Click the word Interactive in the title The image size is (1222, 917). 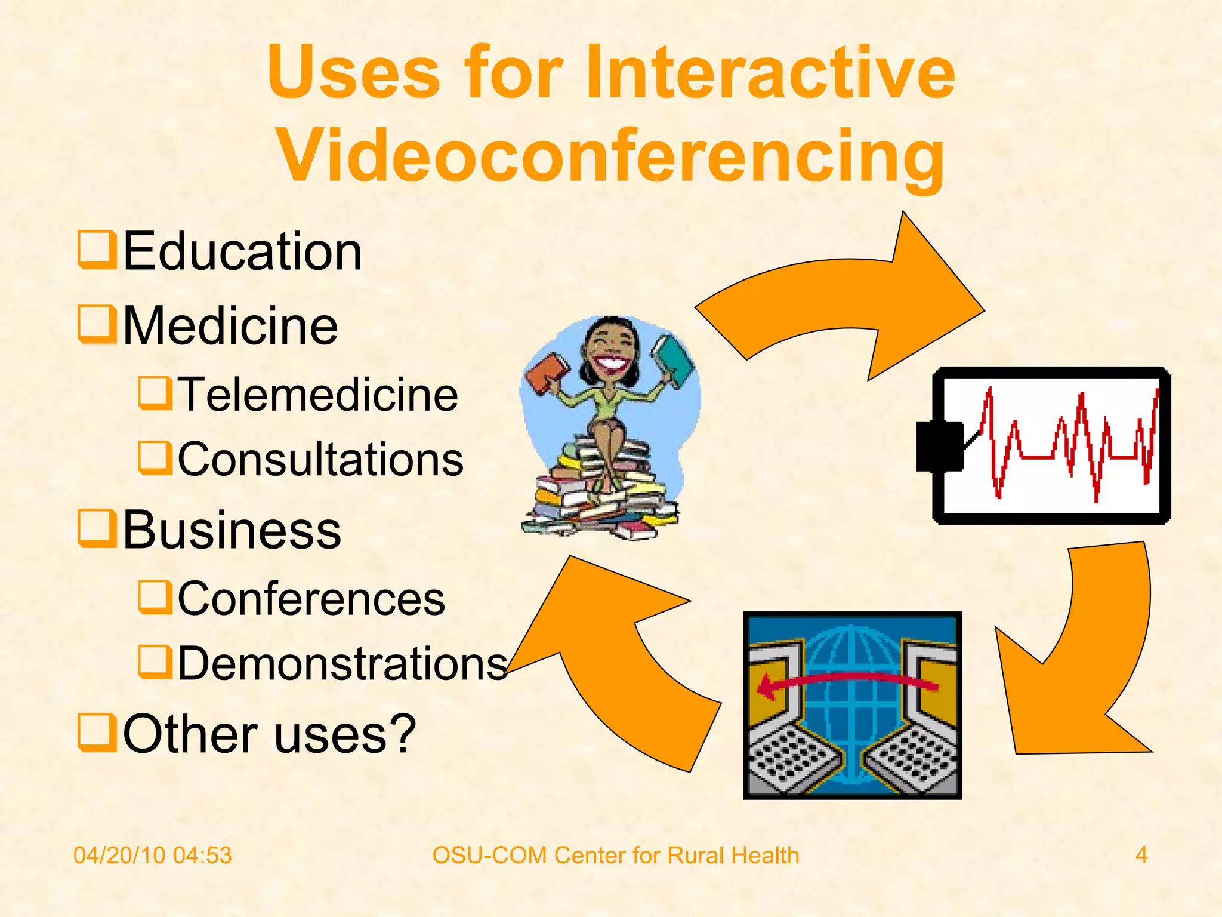click(x=770, y=73)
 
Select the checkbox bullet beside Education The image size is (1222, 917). click(x=97, y=251)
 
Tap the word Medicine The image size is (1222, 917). click(x=230, y=326)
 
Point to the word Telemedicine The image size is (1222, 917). click(x=318, y=395)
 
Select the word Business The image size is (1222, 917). click(x=232, y=530)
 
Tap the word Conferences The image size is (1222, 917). click(x=311, y=599)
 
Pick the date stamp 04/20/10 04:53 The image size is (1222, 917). click(x=152, y=856)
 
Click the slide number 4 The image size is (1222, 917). click(x=1141, y=855)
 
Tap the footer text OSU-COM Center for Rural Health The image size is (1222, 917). click(x=615, y=856)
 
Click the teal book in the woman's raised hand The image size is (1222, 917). click(x=672, y=360)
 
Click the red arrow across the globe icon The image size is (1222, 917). click(x=847, y=682)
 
